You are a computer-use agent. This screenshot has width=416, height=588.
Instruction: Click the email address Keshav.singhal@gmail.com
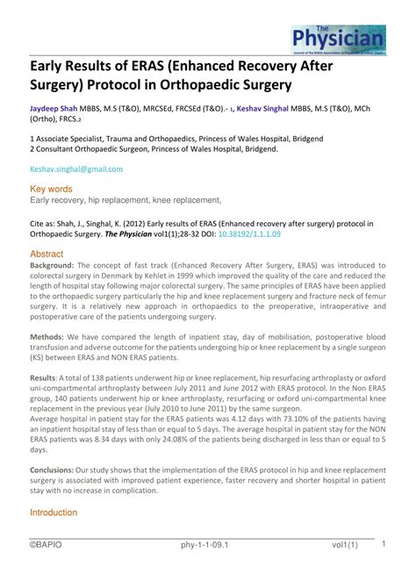click(76, 169)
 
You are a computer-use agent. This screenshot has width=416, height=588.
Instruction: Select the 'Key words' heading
click(51, 189)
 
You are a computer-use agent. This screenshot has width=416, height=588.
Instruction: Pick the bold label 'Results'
click(45, 377)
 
